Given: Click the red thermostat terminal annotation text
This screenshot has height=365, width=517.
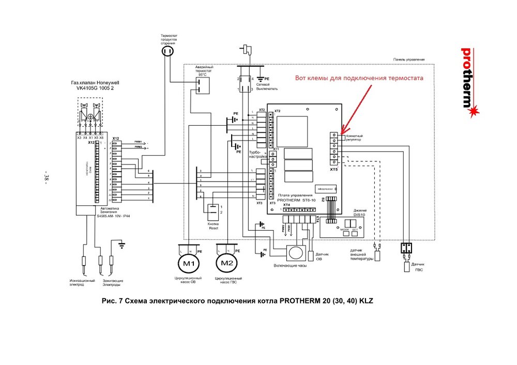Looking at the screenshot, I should pos(359,78).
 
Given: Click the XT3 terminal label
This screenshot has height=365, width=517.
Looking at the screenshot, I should pos(259,203).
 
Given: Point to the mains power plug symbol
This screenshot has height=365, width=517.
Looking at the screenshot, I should pos(247,49).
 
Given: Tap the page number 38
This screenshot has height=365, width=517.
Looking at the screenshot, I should pos(46,176).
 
